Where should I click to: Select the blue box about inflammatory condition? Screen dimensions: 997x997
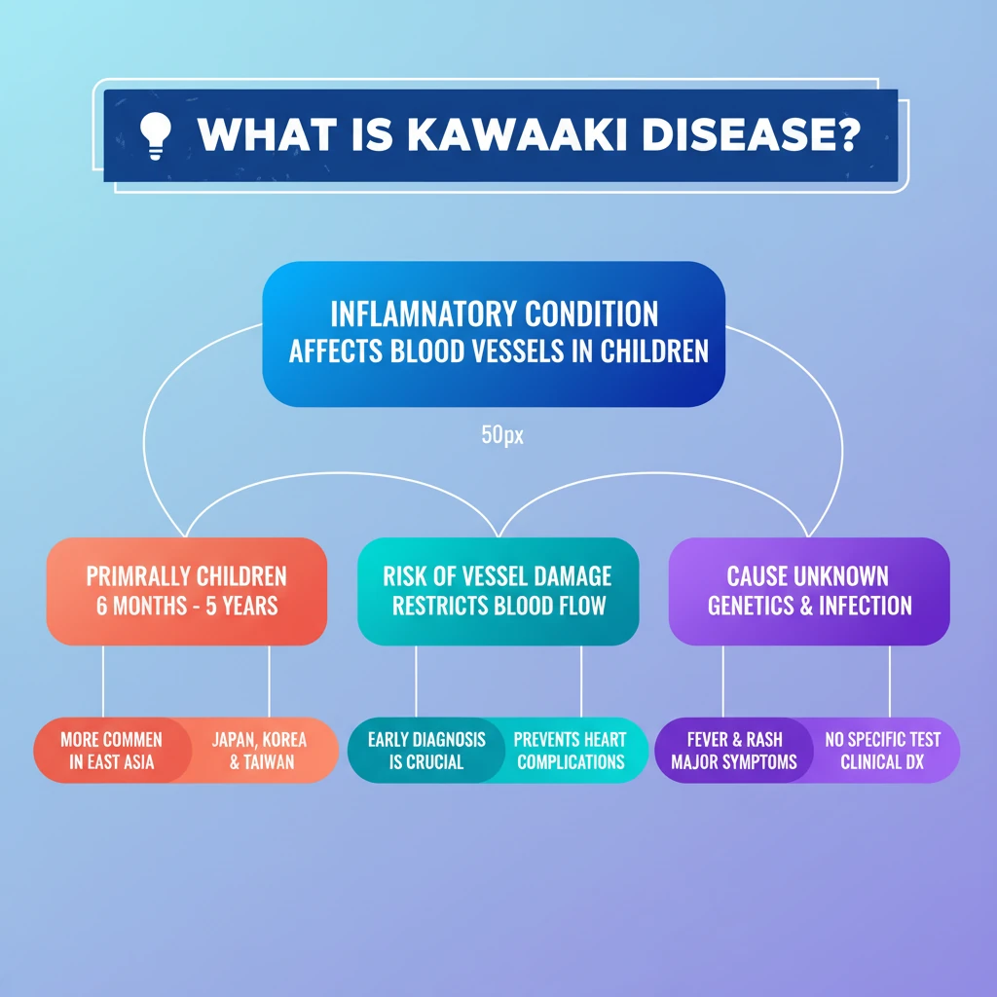494,332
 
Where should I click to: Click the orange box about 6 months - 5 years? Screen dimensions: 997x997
187,590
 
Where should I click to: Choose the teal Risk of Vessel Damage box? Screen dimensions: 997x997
498,590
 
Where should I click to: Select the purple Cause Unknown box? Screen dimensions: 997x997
809,590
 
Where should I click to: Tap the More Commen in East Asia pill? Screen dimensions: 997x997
111,751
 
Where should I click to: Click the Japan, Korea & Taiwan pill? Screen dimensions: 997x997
261,751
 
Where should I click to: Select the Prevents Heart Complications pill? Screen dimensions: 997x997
571,751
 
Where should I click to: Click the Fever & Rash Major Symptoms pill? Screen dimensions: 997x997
734,751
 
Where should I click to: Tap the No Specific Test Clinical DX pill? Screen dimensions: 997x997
883,751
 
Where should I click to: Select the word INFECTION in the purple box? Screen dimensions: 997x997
865,605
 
